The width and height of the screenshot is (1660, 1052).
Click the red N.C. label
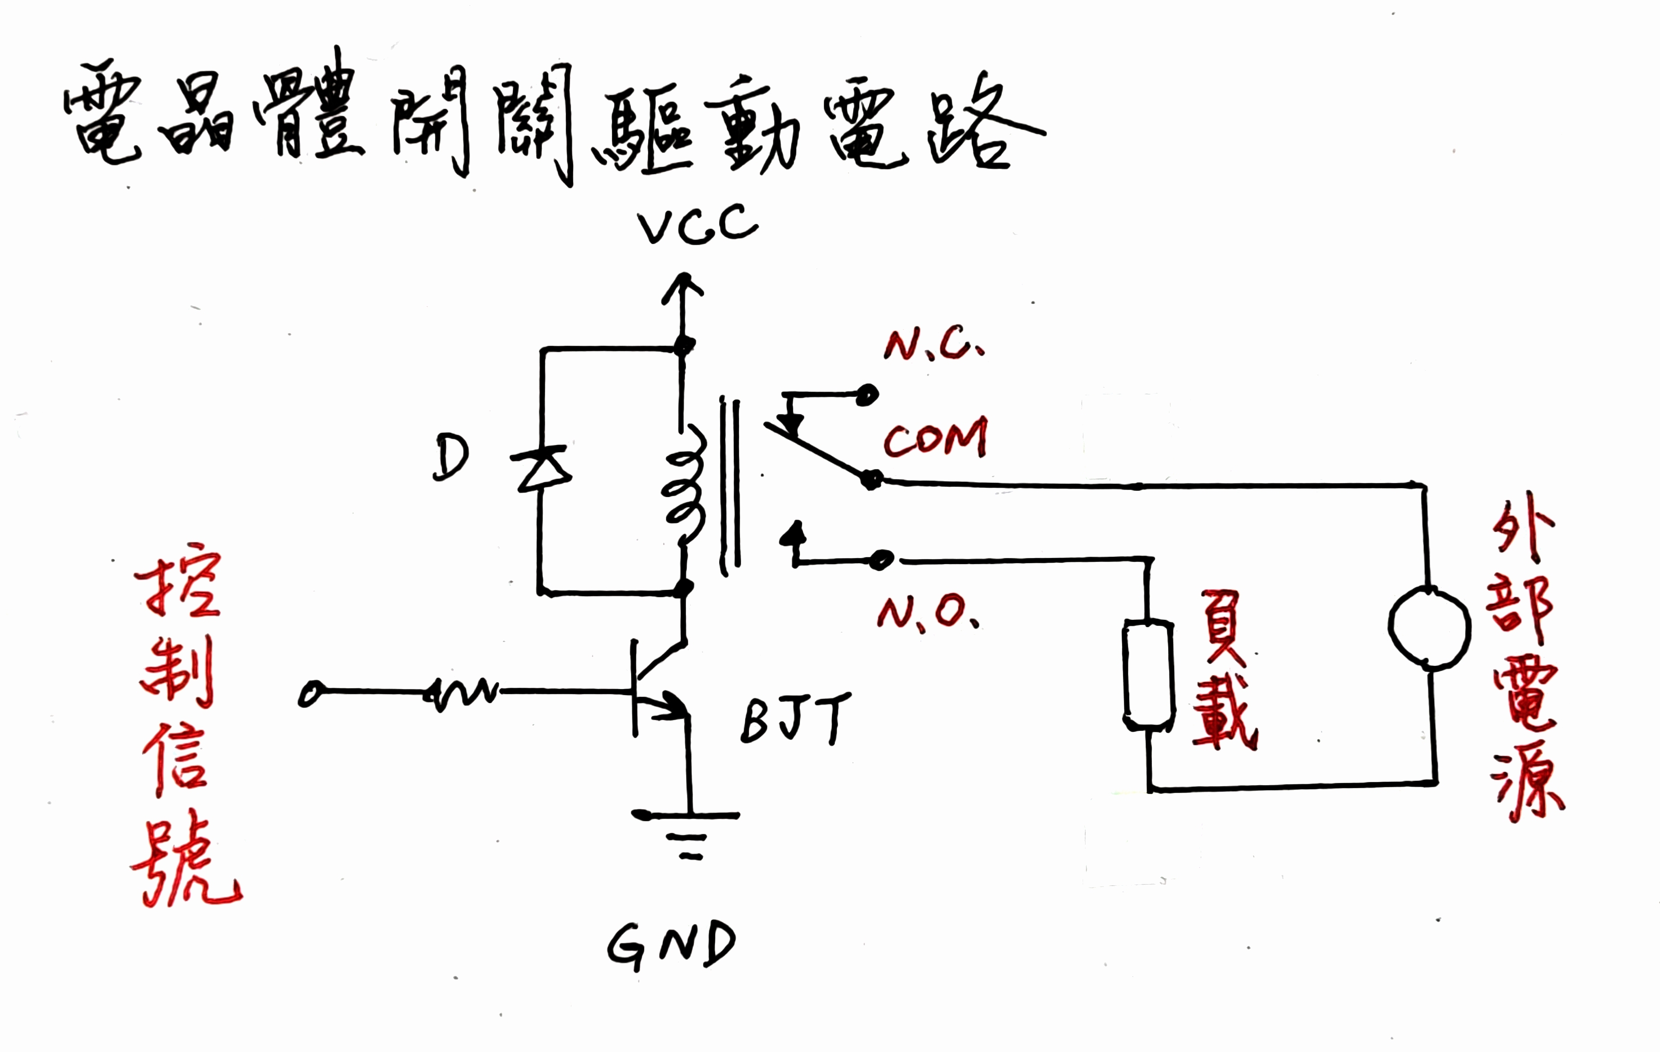click(934, 345)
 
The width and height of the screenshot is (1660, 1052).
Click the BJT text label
click(795, 718)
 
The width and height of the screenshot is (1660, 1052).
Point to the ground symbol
click(686, 834)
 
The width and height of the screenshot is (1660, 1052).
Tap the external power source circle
click(1429, 627)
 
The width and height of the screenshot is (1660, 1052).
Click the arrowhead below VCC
click(682, 286)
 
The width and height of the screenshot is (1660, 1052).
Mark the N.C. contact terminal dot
click(867, 395)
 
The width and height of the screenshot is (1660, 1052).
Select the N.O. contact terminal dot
click(881, 560)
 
